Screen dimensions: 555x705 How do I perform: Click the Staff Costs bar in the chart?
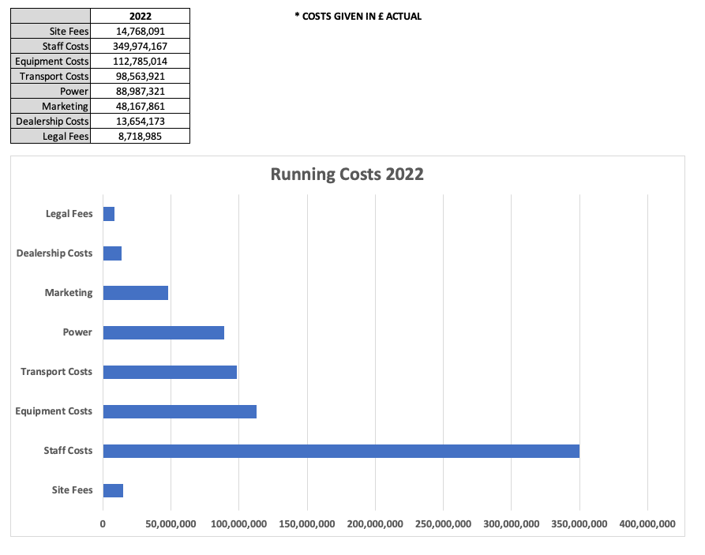tap(341, 451)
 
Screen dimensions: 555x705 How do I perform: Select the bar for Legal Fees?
tap(109, 214)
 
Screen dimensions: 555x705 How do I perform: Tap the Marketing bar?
tap(136, 293)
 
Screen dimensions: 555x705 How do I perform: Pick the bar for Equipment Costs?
tap(180, 411)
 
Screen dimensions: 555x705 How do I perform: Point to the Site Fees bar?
tap(113, 490)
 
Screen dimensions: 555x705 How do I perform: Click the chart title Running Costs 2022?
tap(347, 174)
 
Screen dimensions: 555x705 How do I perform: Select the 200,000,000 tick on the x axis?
tap(375, 523)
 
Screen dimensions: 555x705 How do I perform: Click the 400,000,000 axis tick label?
tap(647, 523)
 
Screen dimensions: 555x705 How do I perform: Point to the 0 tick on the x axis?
tap(103, 523)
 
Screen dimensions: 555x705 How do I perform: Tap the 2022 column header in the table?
tap(141, 16)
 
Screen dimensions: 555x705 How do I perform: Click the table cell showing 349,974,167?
tap(141, 46)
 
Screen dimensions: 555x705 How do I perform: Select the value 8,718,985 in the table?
tap(141, 136)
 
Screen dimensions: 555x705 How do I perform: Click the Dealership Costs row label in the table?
tap(52, 121)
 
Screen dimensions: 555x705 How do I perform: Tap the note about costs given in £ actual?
tap(358, 16)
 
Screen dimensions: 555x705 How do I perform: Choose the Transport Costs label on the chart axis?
tap(56, 372)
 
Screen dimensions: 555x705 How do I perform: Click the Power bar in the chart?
tap(163, 332)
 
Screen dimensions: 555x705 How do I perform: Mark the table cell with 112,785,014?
tap(141, 61)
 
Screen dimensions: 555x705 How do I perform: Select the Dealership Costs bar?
tap(112, 253)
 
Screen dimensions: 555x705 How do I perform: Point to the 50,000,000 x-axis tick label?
tap(171, 523)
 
